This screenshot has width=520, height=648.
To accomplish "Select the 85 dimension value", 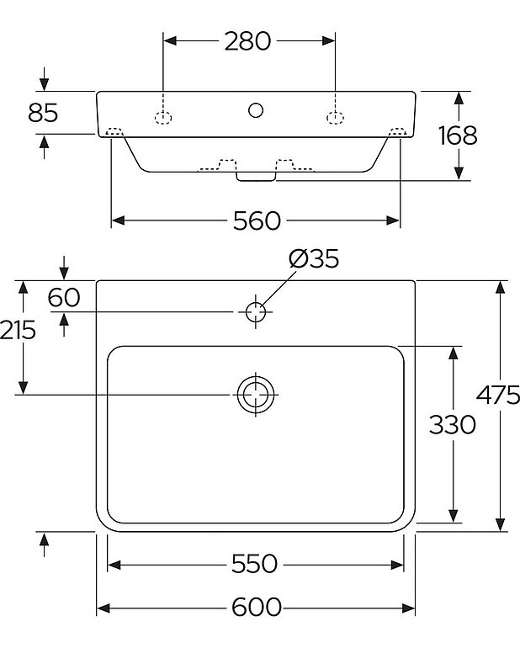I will pos(43,112).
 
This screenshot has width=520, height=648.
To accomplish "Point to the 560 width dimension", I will pos(256,220).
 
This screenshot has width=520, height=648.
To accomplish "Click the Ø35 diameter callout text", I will pos(313,258).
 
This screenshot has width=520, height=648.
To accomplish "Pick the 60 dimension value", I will pos(63,296).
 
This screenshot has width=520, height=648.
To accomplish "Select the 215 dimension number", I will pos(19,330).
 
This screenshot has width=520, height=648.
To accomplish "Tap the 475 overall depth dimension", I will pos(498,396).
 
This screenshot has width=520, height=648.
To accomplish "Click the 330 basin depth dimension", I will pos(453,425).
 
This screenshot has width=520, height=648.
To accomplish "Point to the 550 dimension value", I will pos(254,564).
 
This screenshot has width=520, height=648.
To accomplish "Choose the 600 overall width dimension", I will pos(256,608).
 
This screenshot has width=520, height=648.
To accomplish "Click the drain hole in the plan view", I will pos(255,394).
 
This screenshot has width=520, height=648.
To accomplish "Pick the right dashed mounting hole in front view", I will pos(334,117).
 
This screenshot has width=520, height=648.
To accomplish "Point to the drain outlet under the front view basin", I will pos(256,175).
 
